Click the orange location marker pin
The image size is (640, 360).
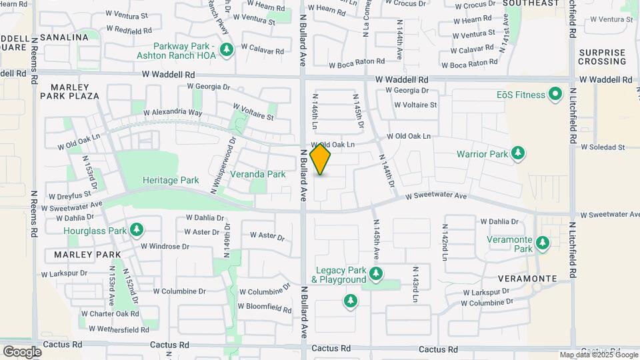(x=321, y=159)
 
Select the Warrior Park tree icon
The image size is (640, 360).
(x=517, y=155)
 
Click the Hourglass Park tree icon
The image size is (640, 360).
(x=137, y=231)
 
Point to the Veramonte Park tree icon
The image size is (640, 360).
(x=543, y=243)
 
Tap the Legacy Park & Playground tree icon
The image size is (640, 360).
(x=376, y=274)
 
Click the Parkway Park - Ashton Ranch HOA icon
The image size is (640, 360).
(x=227, y=50)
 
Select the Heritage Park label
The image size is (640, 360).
(x=171, y=180)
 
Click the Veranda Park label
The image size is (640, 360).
(x=257, y=174)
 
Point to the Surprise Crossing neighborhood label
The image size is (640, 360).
(x=601, y=57)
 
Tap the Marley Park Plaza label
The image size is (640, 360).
(x=75, y=91)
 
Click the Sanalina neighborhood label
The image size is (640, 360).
(x=64, y=37)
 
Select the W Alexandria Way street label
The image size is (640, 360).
(x=172, y=113)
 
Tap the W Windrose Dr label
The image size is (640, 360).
(x=165, y=246)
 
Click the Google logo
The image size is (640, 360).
(x=22, y=351)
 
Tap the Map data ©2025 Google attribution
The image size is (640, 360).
(x=599, y=355)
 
